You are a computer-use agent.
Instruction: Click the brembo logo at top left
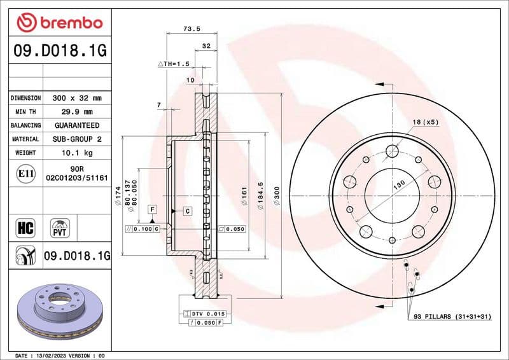(59, 23)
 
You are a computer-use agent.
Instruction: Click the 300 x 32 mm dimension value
(76, 98)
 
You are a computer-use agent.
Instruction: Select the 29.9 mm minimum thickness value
(76, 111)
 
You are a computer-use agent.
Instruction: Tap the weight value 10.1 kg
(76, 153)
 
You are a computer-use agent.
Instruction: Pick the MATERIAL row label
(25, 139)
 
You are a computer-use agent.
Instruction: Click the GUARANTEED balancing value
(76, 125)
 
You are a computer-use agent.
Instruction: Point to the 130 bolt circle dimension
(398, 184)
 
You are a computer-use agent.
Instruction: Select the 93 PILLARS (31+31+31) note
(452, 316)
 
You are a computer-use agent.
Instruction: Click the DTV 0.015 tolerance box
(204, 314)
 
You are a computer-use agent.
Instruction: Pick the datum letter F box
(153, 209)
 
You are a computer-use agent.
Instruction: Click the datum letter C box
(188, 210)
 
